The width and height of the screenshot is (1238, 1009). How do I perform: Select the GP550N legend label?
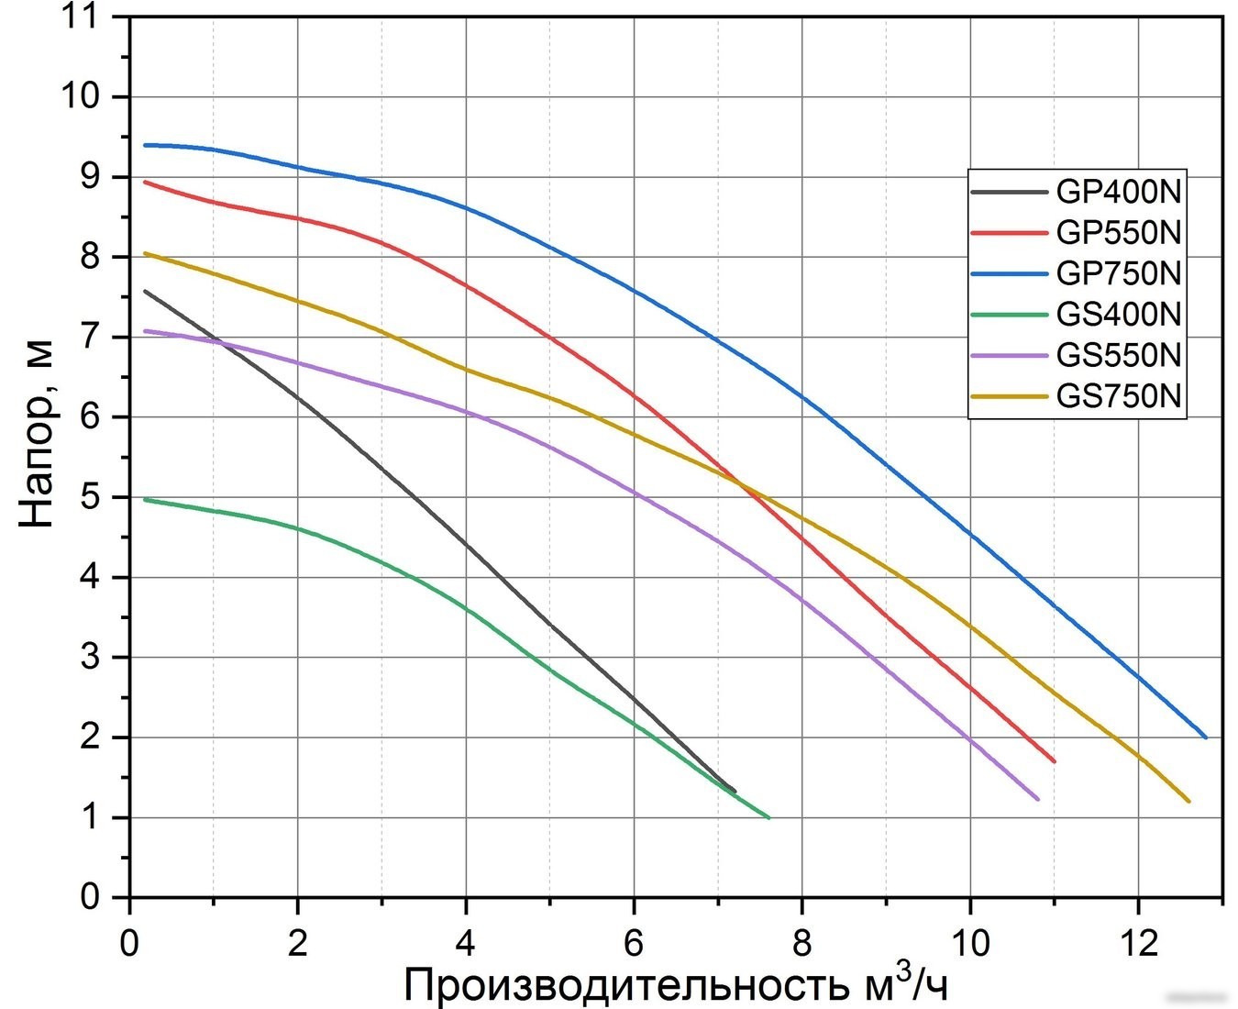click(x=1118, y=232)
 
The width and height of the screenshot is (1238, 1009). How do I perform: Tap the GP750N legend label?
click(x=1118, y=273)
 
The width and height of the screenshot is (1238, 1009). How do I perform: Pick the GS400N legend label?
click(x=1118, y=315)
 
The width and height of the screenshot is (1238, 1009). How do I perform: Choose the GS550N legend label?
click(x=1118, y=355)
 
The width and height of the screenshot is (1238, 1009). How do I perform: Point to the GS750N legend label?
click(x=1118, y=396)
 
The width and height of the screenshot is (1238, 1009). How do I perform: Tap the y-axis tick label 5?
click(x=91, y=497)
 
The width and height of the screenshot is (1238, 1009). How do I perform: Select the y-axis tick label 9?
click(x=91, y=177)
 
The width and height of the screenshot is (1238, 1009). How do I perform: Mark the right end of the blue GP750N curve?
click(x=1205, y=737)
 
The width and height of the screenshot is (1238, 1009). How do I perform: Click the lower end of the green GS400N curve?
click(x=769, y=817)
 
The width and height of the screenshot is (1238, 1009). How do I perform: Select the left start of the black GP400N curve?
click(x=145, y=291)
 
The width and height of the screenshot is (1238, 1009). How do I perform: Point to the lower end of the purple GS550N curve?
click(x=1037, y=799)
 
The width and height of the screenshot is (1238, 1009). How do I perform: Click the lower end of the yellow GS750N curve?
click(x=1188, y=801)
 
